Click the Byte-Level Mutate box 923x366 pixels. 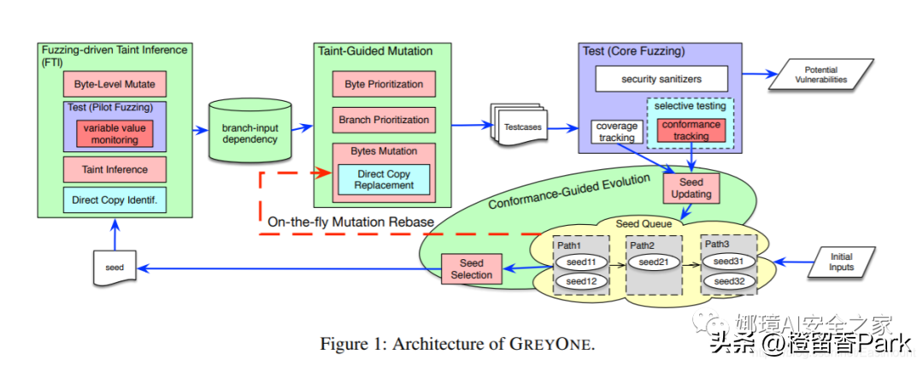point(115,85)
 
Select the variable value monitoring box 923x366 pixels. point(115,134)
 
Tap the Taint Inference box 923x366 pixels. point(115,169)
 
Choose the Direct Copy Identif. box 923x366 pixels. point(115,201)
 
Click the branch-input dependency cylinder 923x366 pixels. point(250,133)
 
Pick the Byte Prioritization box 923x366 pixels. point(384,85)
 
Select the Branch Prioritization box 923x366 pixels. point(384,120)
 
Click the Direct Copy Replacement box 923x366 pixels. point(384,179)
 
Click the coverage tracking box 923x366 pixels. point(616,132)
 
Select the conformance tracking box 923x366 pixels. point(691,130)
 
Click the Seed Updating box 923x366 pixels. point(691,188)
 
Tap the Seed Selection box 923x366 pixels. point(471,269)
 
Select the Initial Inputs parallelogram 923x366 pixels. point(841,262)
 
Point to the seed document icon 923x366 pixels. point(115,268)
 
